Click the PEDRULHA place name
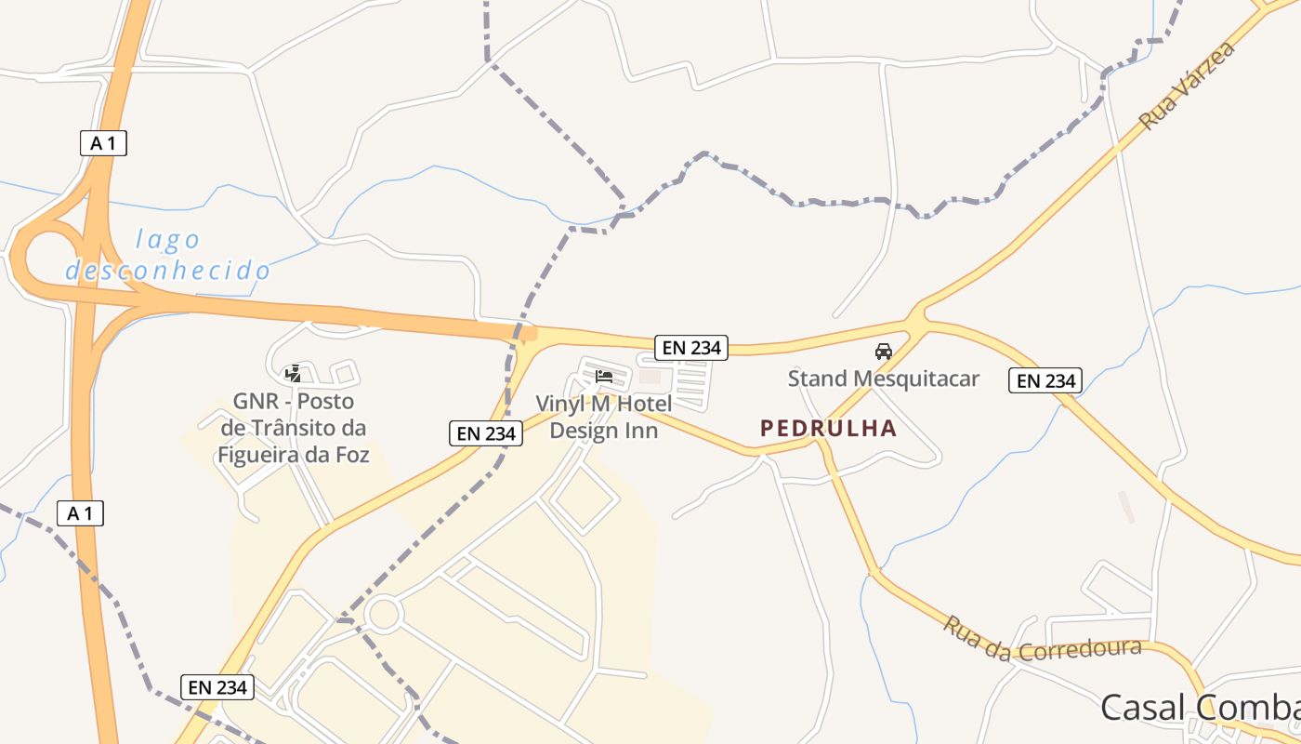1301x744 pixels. (828, 428)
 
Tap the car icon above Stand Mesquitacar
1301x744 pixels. (884, 352)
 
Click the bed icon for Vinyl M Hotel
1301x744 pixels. (604, 377)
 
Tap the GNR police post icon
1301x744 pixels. (294, 374)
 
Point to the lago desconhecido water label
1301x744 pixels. (168, 255)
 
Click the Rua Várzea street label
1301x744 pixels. (1187, 85)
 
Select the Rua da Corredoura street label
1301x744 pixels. (1042, 640)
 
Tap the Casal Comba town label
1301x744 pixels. (1199, 707)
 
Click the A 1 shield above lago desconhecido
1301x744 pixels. (103, 143)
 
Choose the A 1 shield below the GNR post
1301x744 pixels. (80, 513)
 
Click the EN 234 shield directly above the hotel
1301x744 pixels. (690, 348)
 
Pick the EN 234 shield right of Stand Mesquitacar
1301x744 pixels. (1045, 380)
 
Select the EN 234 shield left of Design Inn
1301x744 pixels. (486, 432)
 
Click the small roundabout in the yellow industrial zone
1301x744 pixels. (383, 614)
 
